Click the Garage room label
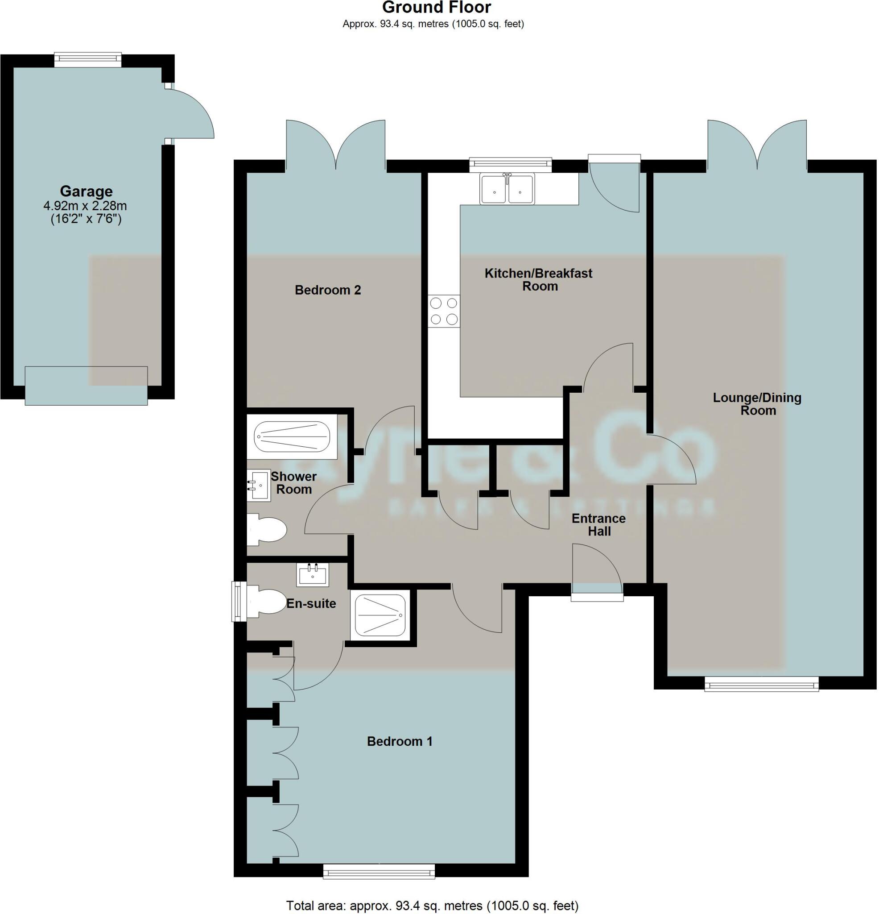pyautogui.click(x=86, y=191)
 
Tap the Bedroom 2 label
pyautogui.click(x=328, y=290)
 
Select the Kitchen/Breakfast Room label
pyautogui.click(x=538, y=279)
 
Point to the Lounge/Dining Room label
pyautogui.click(x=757, y=404)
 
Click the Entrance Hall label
pyautogui.click(x=598, y=525)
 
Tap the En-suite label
pyautogui.click(x=311, y=603)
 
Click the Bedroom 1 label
pyautogui.click(x=400, y=741)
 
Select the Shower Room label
pyautogui.click(x=293, y=482)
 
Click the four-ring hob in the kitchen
pyautogui.click(x=444, y=311)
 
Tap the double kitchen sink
pyautogui.click(x=508, y=189)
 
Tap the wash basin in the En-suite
pyautogui.click(x=312, y=574)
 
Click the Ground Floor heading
pyautogui.click(x=436, y=8)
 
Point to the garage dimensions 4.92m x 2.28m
pyautogui.click(x=86, y=206)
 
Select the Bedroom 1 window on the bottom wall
pyautogui.click(x=379, y=871)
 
